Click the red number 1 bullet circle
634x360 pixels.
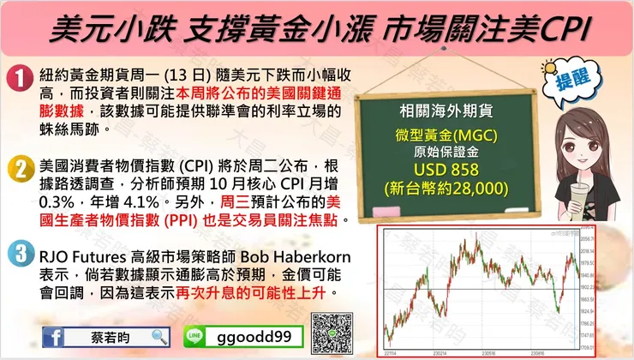18,79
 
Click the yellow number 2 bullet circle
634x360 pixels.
18,170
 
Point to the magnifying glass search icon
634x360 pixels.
159,337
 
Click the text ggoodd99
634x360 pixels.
253,337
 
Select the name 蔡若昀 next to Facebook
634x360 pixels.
109,337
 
